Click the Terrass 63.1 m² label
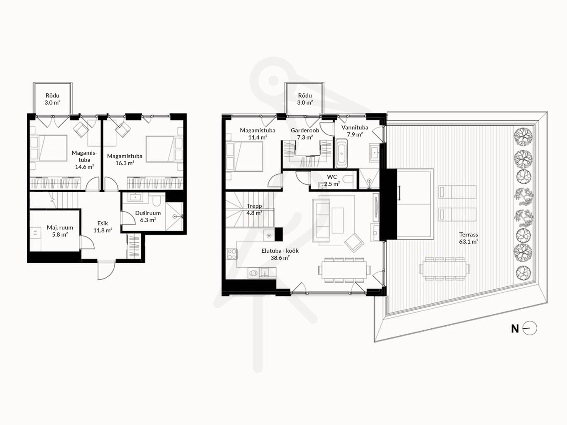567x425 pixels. [x=469, y=238]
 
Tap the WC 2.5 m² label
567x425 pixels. [x=332, y=181]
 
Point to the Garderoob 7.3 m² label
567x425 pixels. [x=305, y=134]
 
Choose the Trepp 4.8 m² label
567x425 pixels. [x=254, y=209]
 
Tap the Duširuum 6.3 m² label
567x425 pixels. [x=148, y=216]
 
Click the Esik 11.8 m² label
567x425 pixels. [x=103, y=227]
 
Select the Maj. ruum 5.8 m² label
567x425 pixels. [x=60, y=231]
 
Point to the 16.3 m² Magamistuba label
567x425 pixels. [x=125, y=159]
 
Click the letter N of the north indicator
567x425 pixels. [x=515, y=329]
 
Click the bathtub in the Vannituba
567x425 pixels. [x=341, y=153]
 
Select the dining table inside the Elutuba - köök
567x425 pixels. [x=344, y=270]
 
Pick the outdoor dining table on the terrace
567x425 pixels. [x=444, y=269]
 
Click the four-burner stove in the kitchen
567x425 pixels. [x=231, y=254]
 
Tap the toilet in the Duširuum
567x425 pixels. [x=156, y=200]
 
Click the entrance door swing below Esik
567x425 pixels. [x=106, y=270]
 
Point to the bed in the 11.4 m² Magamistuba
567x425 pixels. [x=244, y=156]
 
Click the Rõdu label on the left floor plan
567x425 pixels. [x=52, y=95]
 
